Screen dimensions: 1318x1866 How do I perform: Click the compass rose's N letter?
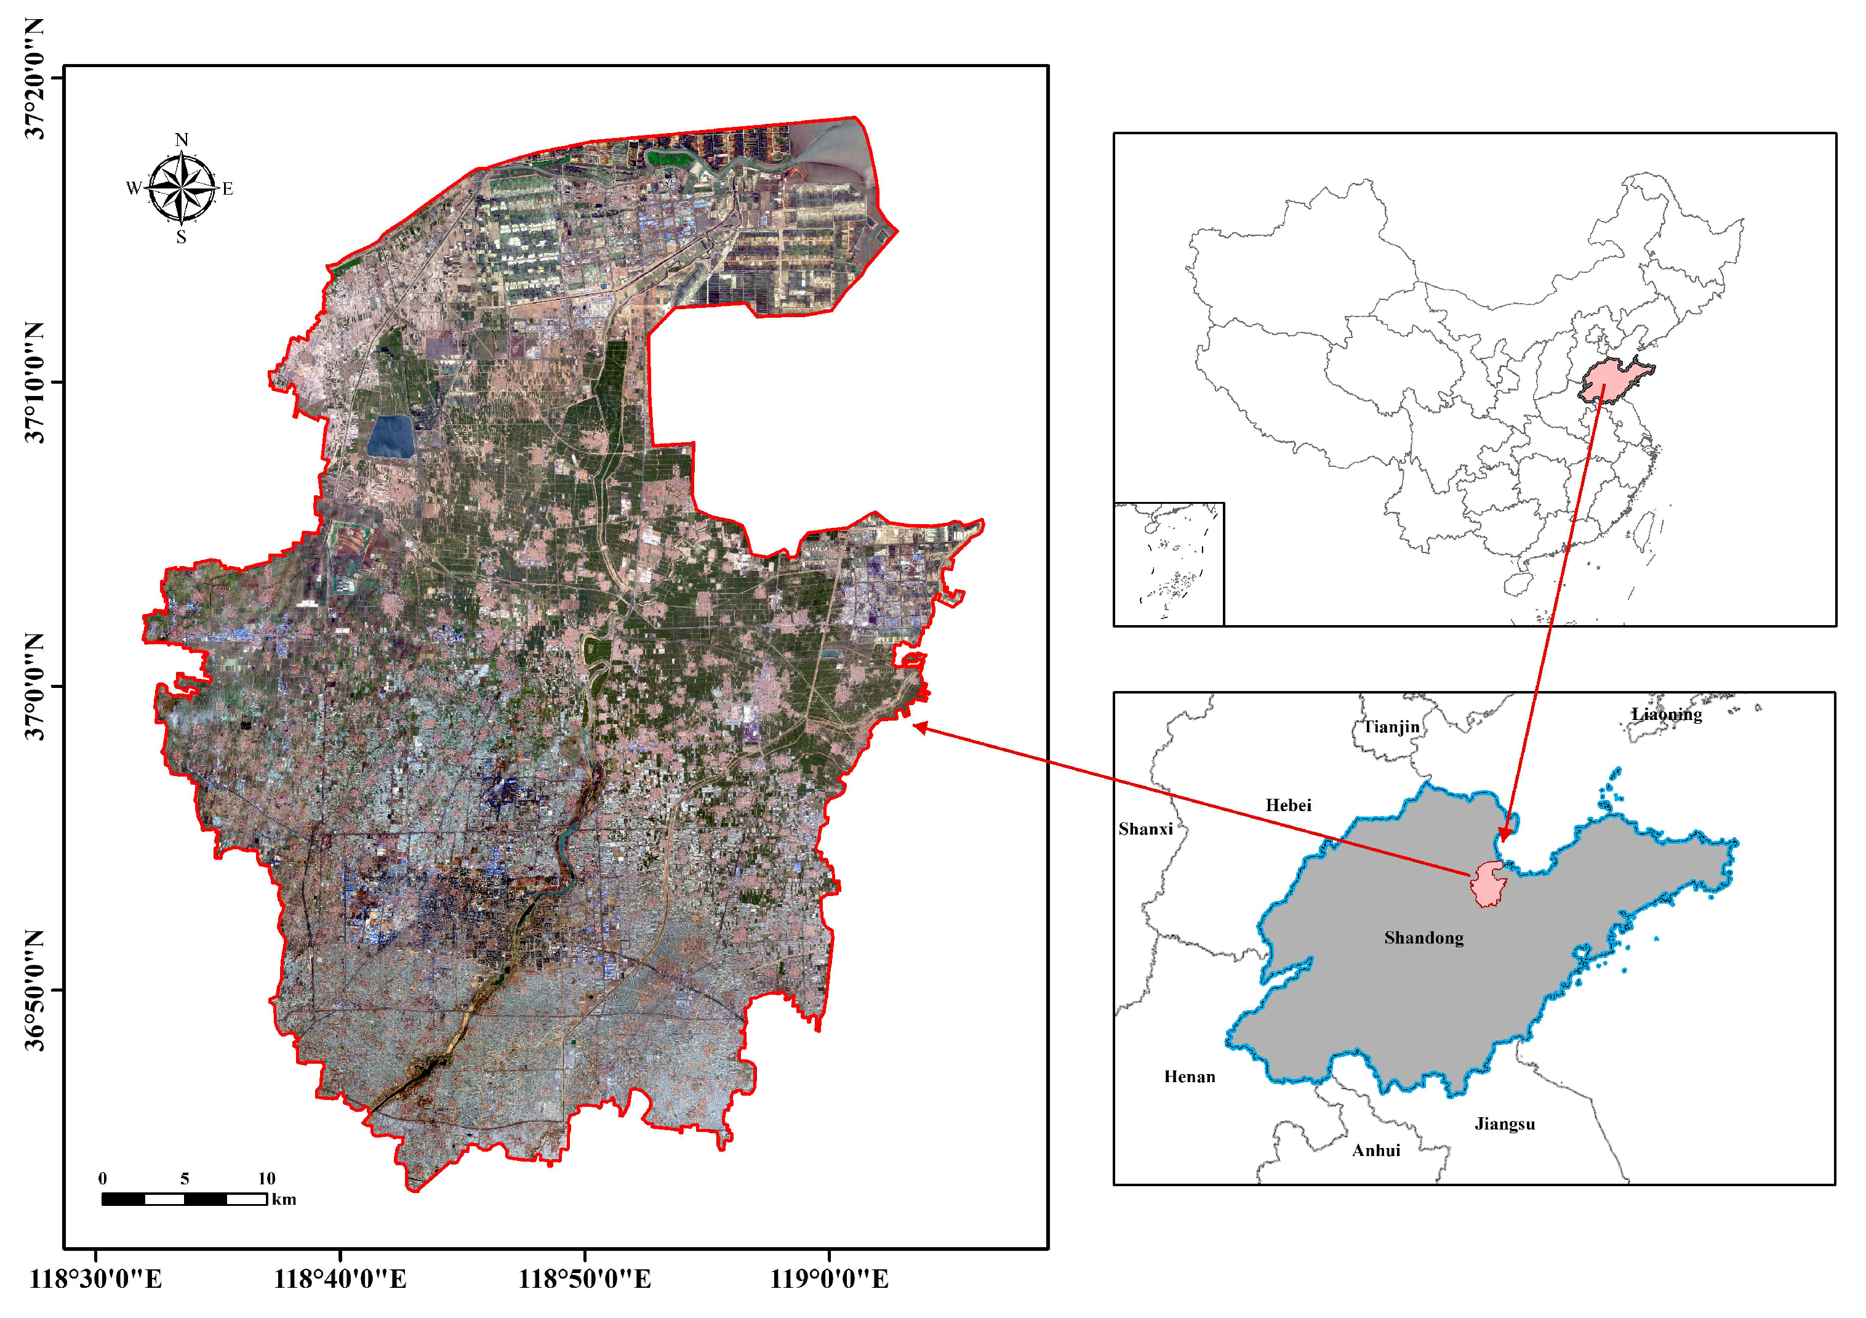point(181,140)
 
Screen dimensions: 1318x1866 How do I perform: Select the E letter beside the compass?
point(228,188)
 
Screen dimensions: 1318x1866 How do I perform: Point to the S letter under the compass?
point(181,237)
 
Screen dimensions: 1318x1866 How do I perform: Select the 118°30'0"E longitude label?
point(96,1280)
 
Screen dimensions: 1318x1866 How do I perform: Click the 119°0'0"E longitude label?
point(829,1280)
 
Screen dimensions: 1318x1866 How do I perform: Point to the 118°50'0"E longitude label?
point(584,1280)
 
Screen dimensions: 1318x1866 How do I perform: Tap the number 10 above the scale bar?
point(266,1178)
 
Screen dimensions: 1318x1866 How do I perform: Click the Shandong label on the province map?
point(1424,937)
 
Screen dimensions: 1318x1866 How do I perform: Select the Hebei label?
point(1288,805)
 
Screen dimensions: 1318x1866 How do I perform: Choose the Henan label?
point(1190,1077)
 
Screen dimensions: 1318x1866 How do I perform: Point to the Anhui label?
point(1376,1150)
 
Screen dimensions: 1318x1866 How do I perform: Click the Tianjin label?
point(1391,726)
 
